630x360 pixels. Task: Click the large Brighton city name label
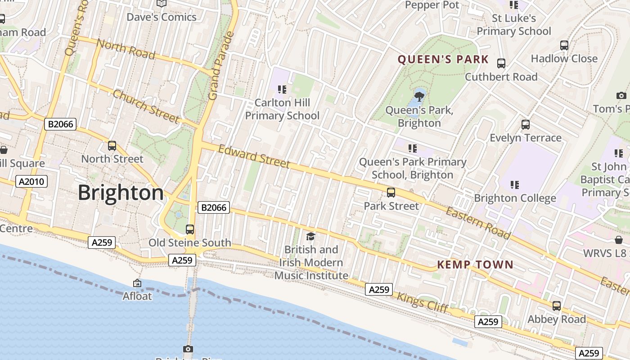point(121,193)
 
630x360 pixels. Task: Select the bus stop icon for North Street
point(112,146)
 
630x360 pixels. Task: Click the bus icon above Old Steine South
point(190,229)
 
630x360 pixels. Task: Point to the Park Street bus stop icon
point(391,193)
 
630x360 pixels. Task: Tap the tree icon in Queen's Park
point(419,96)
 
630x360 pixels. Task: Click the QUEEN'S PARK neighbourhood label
point(443,59)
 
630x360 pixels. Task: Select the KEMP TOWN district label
point(475,265)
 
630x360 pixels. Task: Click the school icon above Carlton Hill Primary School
point(282,90)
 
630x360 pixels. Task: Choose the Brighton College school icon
point(515,184)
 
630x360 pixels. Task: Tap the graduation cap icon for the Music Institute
point(310,236)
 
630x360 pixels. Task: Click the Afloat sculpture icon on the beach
point(137,283)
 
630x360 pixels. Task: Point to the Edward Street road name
point(254,156)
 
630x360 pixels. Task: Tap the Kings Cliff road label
point(422,302)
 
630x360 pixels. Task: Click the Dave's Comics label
point(162,17)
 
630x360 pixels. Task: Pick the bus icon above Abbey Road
point(557,306)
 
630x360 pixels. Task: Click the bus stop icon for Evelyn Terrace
point(525,125)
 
